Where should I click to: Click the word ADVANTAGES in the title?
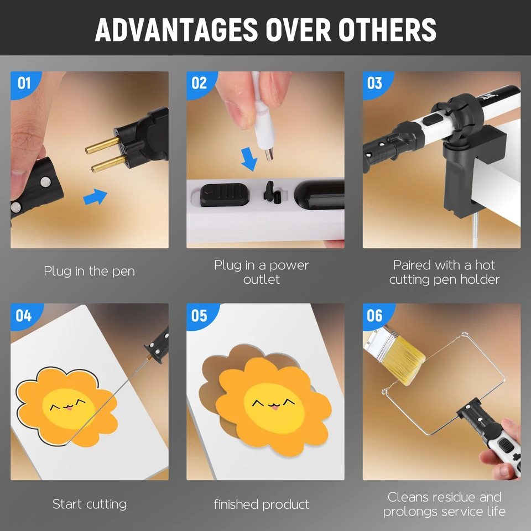click(x=176, y=30)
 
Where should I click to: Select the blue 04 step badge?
click(x=25, y=316)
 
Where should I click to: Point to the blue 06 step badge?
click(x=377, y=316)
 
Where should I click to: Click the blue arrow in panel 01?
click(x=95, y=197)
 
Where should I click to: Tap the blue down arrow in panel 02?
click(x=249, y=159)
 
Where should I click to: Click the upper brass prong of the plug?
click(x=102, y=145)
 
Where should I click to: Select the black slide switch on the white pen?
click(x=225, y=195)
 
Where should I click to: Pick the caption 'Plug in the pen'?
click(x=90, y=271)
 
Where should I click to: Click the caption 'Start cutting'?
click(x=90, y=504)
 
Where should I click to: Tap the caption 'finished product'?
click(x=262, y=504)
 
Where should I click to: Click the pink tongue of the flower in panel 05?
click(x=274, y=407)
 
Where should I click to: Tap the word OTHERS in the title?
click(x=387, y=30)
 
